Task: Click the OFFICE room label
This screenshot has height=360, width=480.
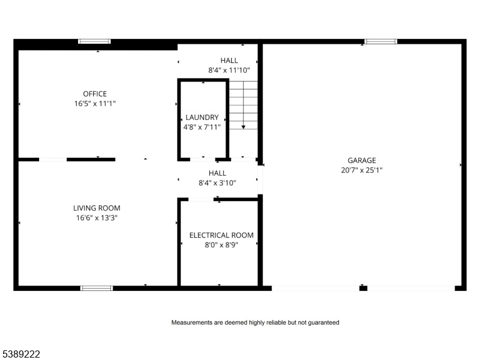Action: pos(95,94)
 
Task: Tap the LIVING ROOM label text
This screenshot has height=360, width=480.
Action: pos(97,208)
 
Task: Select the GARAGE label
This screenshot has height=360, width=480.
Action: pos(362,160)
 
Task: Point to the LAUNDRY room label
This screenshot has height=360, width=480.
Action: pos(202,117)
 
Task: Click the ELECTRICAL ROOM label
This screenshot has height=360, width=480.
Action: pos(221,235)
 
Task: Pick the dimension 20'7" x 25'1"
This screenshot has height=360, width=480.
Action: pos(362,170)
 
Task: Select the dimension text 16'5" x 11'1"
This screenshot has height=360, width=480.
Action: pos(95,103)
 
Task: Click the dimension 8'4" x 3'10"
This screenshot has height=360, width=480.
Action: pos(217,183)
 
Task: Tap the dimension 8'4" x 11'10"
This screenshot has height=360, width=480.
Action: pos(229,70)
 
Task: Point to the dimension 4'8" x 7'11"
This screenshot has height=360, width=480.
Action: pos(202,127)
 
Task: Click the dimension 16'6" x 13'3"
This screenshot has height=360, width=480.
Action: pos(97,218)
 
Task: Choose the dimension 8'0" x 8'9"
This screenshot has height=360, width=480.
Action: pos(221,245)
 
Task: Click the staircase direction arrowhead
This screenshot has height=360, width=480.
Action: pos(244,127)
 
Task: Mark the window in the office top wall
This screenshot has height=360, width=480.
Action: pos(94,41)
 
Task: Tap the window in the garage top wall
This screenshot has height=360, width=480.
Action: pos(380,41)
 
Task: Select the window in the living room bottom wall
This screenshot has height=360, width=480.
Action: pos(97,288)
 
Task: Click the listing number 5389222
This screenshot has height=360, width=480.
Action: pos(20,354)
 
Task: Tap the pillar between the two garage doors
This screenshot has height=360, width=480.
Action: pos(363,288)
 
